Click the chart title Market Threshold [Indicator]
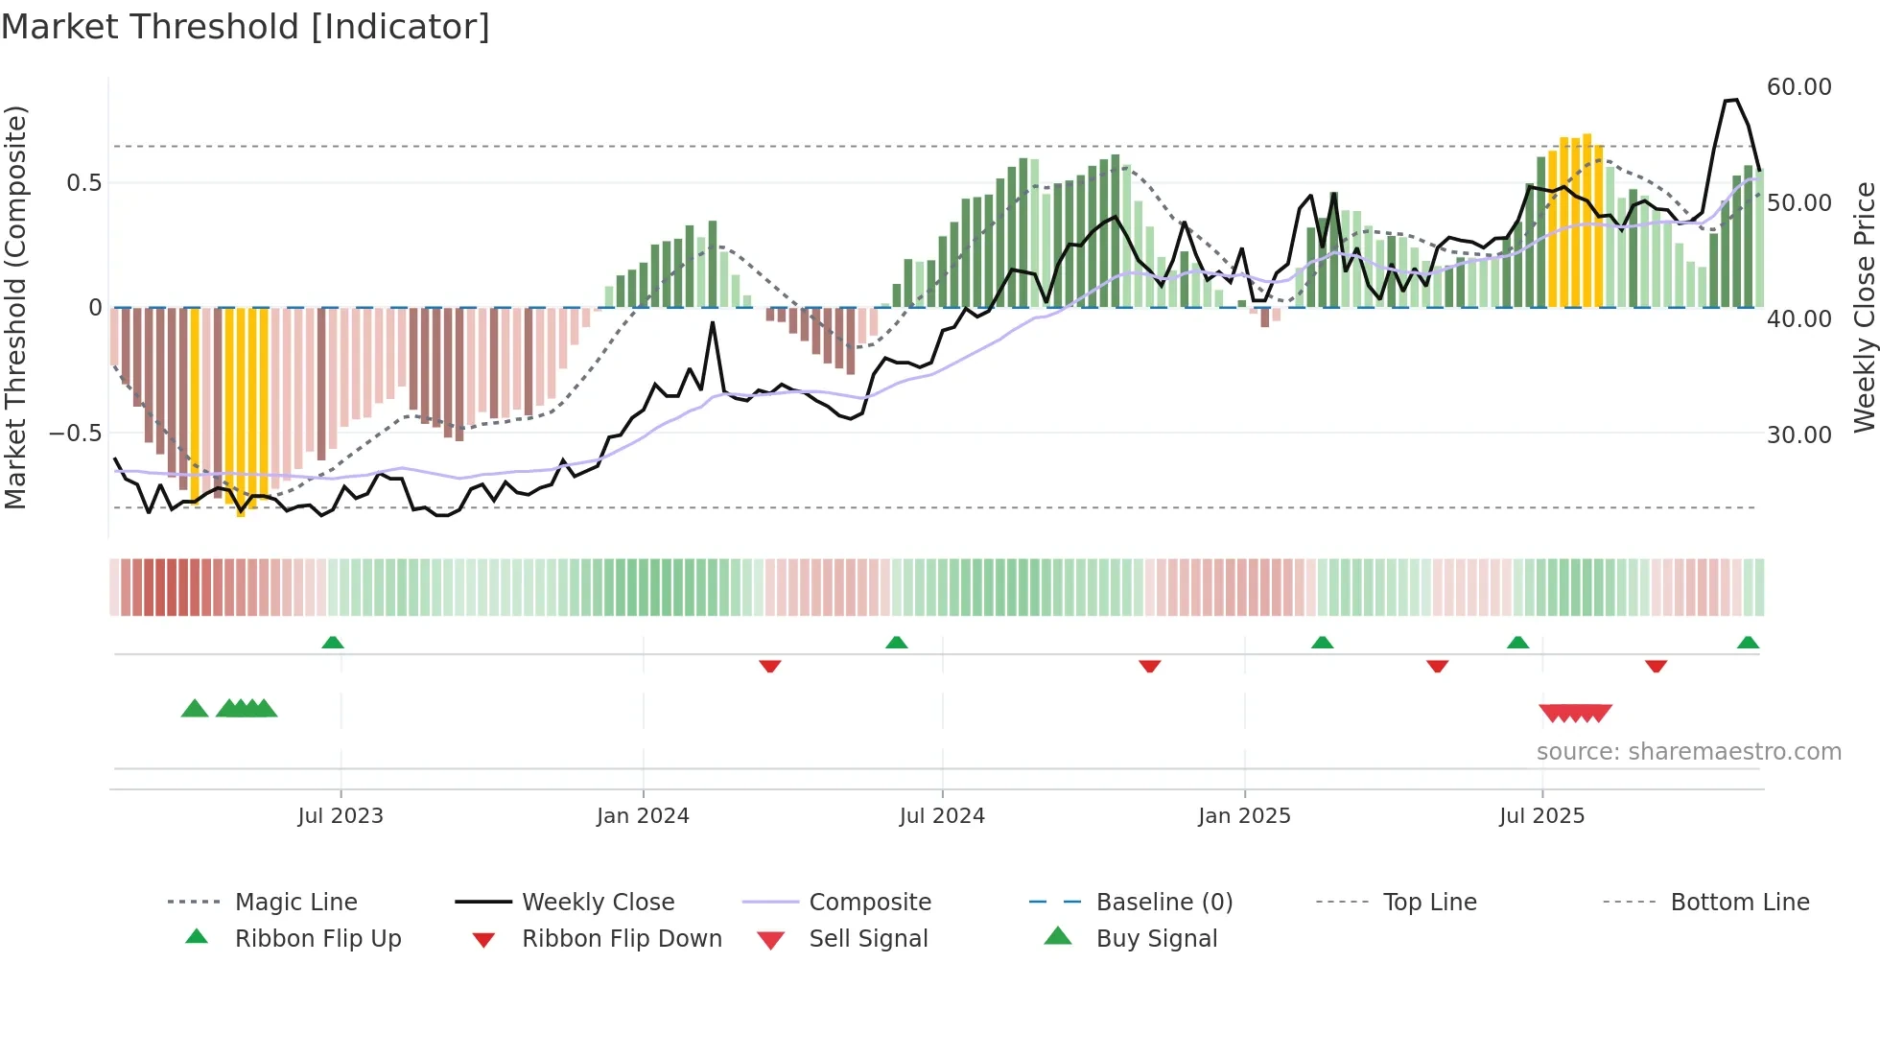tap(246, 27)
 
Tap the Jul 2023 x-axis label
tap(340, 816)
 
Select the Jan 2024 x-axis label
tap(643, 816)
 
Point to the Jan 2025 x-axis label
tap(1244, 816)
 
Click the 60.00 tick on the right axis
tap(1798, 87)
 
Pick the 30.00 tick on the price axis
tap(1798, 435)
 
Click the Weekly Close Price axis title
tap(1863, 307)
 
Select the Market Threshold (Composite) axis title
tap(15, 307)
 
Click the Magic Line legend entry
tap(295, 903)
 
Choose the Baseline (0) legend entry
tap(1163, 903)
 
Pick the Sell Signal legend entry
tap(868, 939)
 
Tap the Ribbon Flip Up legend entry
tap(317, 939)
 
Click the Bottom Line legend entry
tap(1739, 903)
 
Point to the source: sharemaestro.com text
tap(1688, 752)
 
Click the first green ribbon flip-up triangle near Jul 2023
tap(333, 643)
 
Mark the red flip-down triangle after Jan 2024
tap(769, 666)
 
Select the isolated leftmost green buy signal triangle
tap(195, 709)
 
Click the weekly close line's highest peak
tap(1731, 100)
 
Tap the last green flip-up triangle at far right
tap(1748, 643)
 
